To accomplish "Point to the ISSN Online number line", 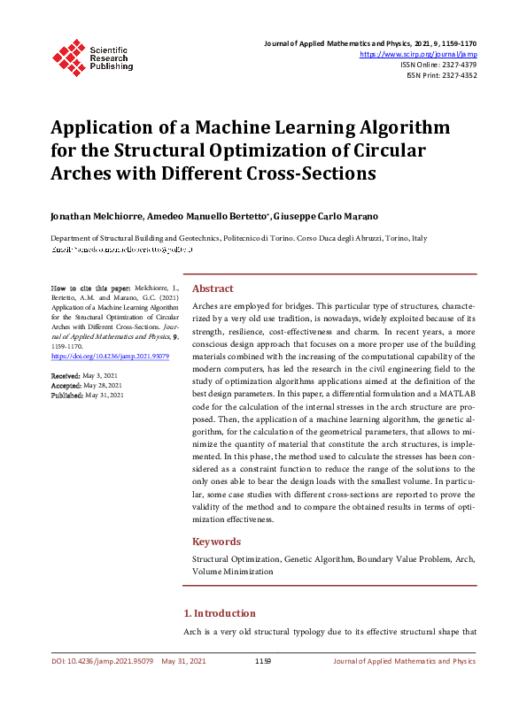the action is (439, 65).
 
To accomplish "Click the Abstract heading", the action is (213, 288).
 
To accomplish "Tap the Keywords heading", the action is (217, 542).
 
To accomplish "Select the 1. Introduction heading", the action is (219, 613).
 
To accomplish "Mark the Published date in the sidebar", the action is (104, 396).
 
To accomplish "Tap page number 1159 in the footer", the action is (263, 661).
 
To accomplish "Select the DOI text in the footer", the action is (102, 661).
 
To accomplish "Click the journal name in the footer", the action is (404, 661).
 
